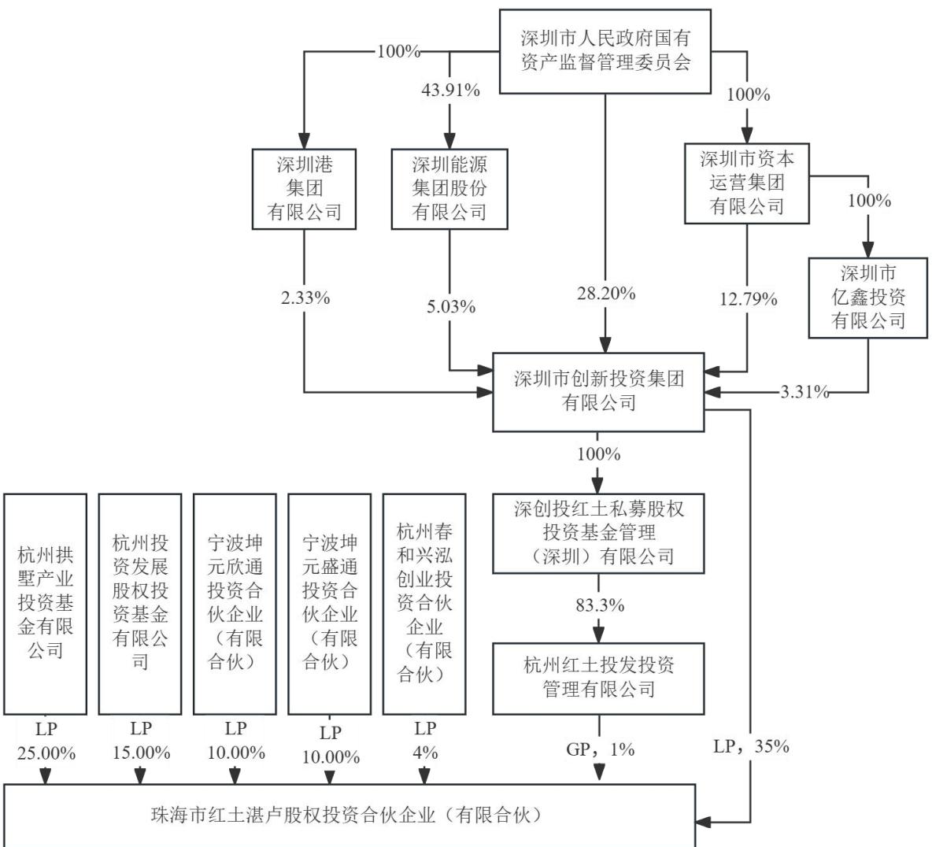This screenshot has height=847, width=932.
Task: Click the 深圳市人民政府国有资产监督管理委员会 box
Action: point(605,52)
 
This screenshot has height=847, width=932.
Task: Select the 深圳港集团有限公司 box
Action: point(304,189)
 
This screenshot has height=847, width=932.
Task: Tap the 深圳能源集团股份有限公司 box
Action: point(449,189)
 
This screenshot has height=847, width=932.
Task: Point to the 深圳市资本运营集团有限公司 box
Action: point(746,183)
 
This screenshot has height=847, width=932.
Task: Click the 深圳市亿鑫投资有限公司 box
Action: point(867,298)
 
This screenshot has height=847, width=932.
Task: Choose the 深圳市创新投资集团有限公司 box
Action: point(598,392)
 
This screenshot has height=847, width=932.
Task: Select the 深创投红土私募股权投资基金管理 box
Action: point(598,533)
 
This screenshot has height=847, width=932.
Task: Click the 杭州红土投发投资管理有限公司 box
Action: point(598,679)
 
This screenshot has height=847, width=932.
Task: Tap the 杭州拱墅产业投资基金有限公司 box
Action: point(45,604)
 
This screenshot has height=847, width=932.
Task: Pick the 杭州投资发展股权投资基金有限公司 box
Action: point(139,604)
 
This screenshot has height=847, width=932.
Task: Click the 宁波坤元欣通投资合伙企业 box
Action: point(235,604)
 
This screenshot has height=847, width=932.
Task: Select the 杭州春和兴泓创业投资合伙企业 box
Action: point(424,604)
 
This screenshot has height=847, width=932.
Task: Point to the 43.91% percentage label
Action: point(450,91)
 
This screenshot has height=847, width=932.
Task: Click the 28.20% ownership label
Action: point(606,293)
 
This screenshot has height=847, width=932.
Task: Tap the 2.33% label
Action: point(305,298)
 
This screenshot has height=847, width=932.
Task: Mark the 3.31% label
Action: point(804,392)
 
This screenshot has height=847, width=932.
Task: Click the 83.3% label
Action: point(600,605)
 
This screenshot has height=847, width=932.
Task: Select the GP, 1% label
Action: point(601,749)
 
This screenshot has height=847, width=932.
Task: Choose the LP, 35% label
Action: point(751,746)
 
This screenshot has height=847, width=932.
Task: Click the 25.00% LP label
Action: point(46,753)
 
